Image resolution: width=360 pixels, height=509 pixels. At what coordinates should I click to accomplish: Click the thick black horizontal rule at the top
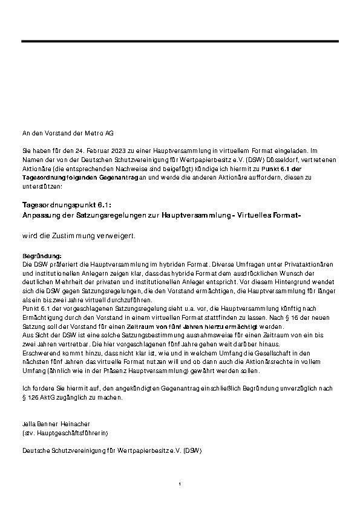(x=179, y=41)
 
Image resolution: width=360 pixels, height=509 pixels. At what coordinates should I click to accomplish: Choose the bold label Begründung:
(x=42, y=256)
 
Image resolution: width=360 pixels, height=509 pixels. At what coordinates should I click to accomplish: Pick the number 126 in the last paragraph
(x=34, y=398)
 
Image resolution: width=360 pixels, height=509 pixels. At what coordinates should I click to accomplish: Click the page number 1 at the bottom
(x=180, y=484)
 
